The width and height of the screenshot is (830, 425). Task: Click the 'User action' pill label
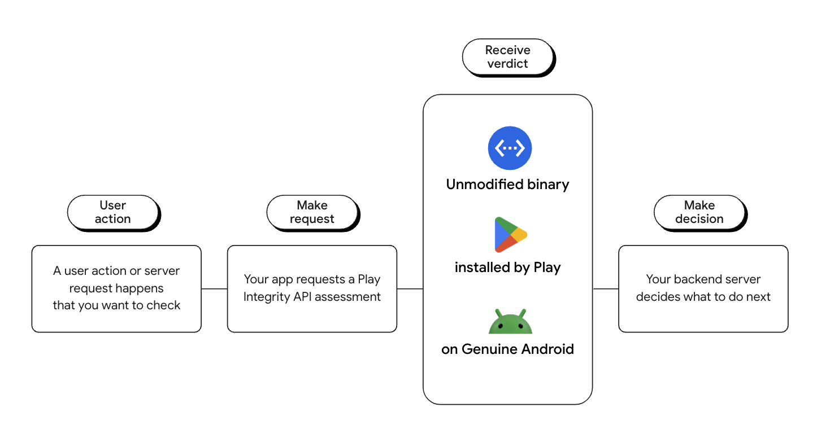tap(113, 212)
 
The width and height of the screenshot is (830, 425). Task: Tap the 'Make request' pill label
tap(312, 212)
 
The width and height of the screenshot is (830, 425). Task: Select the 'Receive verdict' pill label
tap(507, 57)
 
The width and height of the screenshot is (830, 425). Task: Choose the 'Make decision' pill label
tap(699, 212)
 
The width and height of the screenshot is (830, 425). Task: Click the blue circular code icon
tap(510, 148)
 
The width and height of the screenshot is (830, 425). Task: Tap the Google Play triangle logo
tap(510, 234)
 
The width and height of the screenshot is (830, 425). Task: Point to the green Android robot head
tap(510, 322)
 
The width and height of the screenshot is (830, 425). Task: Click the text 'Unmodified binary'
tap(507, 185)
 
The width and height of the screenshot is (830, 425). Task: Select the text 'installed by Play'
tap(507, 268)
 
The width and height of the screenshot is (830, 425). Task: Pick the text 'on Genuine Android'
tap(507, 349)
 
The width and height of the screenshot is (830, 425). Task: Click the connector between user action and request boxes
tap(214, 288)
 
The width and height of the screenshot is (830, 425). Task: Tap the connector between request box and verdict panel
tap(410, 288)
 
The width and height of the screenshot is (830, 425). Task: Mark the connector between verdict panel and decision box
tap(605, 288)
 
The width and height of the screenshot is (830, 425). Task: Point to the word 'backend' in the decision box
tap(695, 279)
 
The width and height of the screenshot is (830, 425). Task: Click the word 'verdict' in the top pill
tap(507, 64)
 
